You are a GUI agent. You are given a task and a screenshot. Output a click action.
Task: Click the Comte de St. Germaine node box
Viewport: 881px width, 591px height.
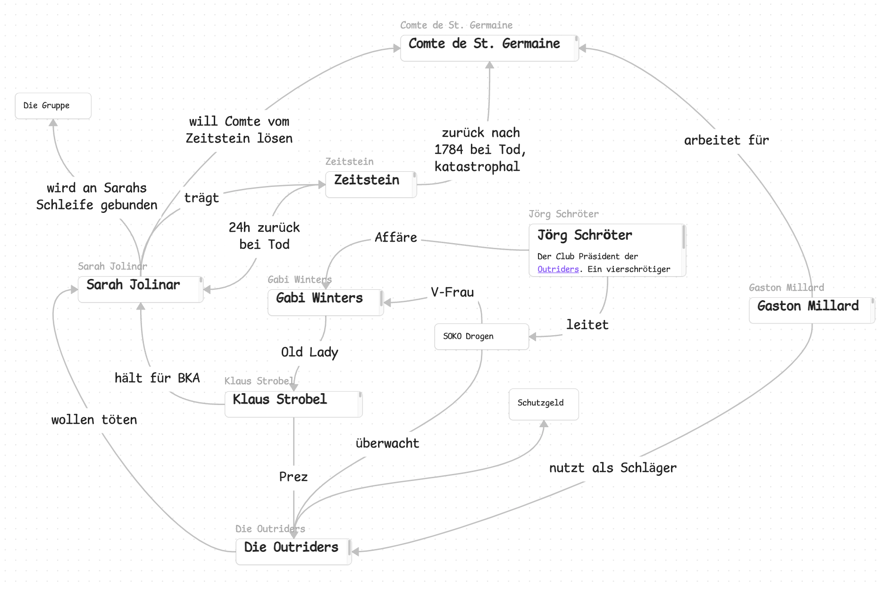489,48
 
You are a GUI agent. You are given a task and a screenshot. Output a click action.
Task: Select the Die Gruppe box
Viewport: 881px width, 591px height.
53,106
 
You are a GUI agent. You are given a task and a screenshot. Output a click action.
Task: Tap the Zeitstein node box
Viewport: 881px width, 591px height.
370,184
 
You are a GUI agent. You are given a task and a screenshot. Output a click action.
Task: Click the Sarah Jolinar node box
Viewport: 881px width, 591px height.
140,289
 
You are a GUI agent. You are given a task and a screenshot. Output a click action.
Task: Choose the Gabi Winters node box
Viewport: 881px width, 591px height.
325,302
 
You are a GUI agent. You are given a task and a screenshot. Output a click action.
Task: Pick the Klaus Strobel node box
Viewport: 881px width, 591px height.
293,404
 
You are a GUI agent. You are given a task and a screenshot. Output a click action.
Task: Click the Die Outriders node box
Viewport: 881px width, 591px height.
293,551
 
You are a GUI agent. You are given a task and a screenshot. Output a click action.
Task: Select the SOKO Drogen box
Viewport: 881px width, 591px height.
481,337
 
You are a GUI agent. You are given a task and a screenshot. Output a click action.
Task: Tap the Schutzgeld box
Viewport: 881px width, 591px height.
543,404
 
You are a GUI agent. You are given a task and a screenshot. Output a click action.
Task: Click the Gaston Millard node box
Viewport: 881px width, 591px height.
811,310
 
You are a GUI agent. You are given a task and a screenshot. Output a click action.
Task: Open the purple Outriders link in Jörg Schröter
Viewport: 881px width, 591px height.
558,269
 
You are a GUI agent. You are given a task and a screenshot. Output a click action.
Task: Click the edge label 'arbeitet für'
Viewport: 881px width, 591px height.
726,140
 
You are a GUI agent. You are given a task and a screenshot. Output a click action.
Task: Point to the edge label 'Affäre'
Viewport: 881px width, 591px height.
395,237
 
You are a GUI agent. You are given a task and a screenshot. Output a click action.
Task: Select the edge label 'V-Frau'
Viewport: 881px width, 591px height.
452,292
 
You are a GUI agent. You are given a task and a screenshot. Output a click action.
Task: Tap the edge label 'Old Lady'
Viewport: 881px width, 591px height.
310,352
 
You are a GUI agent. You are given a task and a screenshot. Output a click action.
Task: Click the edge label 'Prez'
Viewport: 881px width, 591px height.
293,477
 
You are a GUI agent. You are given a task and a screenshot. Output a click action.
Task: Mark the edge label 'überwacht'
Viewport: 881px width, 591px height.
387,443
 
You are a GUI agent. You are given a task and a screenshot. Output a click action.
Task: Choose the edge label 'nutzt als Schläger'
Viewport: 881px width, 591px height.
613,468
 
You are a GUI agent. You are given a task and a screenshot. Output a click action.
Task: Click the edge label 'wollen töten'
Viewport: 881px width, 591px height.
94,420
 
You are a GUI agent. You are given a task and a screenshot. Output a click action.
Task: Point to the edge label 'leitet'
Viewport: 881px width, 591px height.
587,325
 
